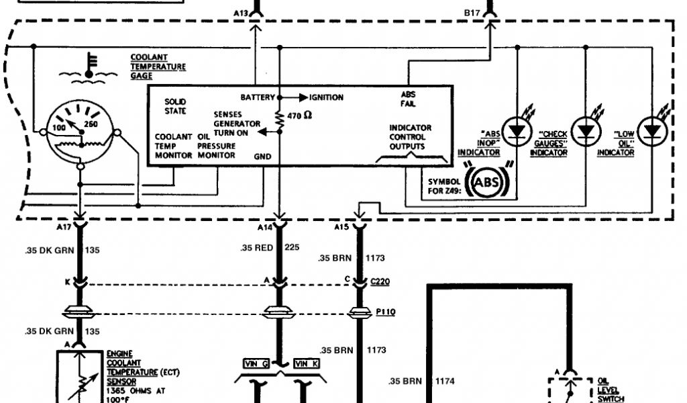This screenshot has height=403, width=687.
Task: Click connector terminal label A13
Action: click(x=240, y=13)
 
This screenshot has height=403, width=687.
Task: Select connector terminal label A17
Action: click(x=63, y=228)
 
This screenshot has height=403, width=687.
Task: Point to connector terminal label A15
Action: click(x=341, y=228)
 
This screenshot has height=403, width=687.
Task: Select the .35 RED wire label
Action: click(x=257, y=248)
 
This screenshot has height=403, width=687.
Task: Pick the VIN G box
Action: click(x=256, y=363)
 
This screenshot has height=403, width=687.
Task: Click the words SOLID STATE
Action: click(x=175, y=106)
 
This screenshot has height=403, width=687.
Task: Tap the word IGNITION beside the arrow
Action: click(x=326, y=97)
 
